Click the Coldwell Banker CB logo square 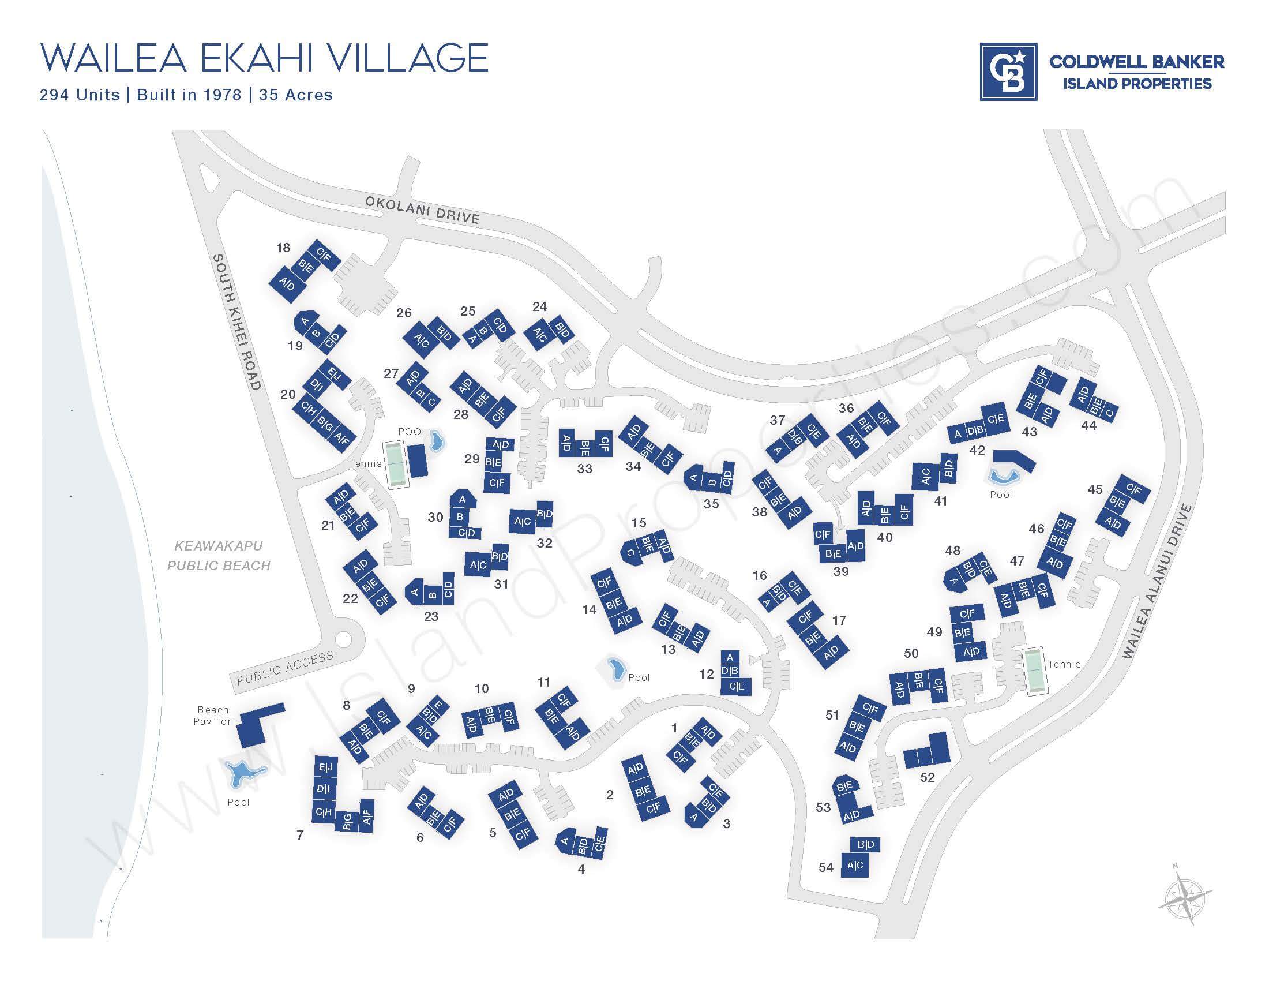(1008, 72)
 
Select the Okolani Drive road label (422, 210)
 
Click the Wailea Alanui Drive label (1157, 581)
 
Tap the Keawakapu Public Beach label (219, 556)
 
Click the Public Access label (286, 667)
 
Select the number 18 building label (283, 248)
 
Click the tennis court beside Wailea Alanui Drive (1034, 671)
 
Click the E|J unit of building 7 (325, 767)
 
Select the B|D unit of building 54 (865, 844)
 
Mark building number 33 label (584, 469)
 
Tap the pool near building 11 (615, 669)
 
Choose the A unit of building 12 (730, 658)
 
